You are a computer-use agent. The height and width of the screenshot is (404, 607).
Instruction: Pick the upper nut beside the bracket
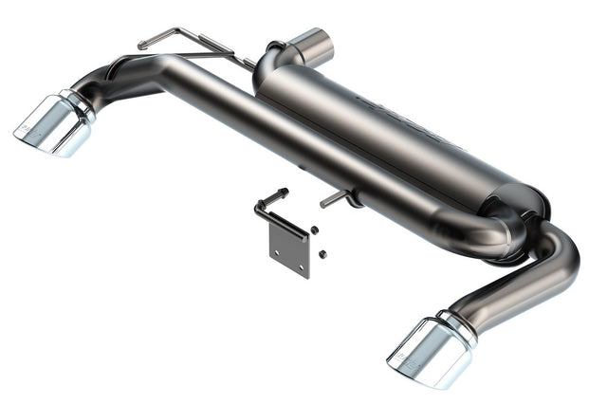point(314,230)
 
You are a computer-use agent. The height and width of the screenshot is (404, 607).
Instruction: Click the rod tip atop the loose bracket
point(284,193)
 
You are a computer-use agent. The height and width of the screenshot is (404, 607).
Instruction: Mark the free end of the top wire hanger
point(142,44)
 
